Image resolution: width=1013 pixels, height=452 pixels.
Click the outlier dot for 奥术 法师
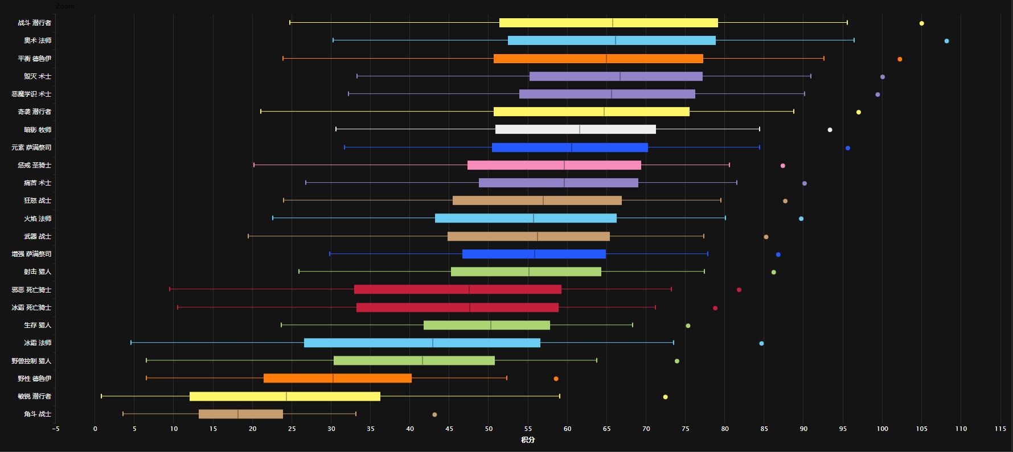tap(946, 41)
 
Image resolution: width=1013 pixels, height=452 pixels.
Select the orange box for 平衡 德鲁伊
tap(598, 59)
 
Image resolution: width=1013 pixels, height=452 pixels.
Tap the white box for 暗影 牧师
tap(575, 129)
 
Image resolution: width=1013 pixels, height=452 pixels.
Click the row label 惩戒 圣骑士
tap(34, 165)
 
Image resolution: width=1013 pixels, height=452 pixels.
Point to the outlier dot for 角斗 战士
tap(434, 414)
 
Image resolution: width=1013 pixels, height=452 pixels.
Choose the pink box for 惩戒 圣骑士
tap(554, 165)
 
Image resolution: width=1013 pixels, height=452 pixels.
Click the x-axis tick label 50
tap(489, 429)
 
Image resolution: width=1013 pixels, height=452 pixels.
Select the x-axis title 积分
tap(528, 439)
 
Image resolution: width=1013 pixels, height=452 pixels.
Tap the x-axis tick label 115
tap(1000, 429)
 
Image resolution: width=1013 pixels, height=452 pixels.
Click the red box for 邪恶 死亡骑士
tap(457, 289)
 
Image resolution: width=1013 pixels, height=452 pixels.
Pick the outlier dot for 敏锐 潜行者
tap(665, 397)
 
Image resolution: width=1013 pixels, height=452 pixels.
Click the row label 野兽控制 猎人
tap(31, 361)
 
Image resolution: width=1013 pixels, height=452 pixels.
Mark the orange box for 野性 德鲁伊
tap(337, 379)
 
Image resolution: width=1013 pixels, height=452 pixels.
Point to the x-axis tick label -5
tap(55, 429)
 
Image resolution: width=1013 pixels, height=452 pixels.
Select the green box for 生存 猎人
tap(486, 325)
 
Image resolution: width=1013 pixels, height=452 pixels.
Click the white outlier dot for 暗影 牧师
tap(830, 130)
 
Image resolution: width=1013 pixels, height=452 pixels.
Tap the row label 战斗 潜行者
tap(34, 23)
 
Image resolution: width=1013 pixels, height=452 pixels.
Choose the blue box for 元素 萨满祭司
tap(569, 147)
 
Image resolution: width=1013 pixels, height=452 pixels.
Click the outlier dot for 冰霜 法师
tap(761, 343)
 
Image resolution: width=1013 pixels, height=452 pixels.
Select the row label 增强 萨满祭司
tap(31, 254)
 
